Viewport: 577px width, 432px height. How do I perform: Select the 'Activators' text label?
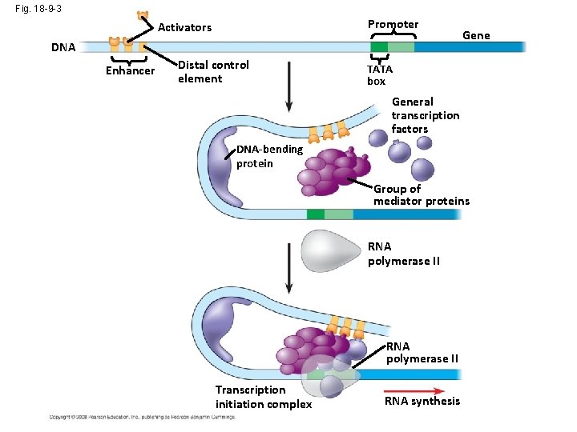(185, 27)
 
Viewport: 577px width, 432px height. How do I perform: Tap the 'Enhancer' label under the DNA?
(130, 71)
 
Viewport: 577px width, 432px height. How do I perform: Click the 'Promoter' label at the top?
(393, 24)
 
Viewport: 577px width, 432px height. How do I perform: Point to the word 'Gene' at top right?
(476, 35)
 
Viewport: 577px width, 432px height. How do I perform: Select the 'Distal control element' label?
(213, 71)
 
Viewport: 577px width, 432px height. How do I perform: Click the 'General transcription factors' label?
(425, 115)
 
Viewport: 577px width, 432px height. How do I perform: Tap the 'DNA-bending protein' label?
(269, 156)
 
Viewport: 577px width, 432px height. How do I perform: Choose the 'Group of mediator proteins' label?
(421, 195)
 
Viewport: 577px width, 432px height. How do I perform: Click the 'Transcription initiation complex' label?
(263, 397)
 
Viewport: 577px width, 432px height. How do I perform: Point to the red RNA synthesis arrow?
(422, 382)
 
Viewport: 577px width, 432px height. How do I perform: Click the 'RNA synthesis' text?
(422, 401)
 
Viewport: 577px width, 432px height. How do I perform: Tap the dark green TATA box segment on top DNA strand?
(379, 47)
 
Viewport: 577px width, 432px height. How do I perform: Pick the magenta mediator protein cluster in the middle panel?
(333, 171)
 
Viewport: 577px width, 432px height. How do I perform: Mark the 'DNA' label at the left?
(63, 47)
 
